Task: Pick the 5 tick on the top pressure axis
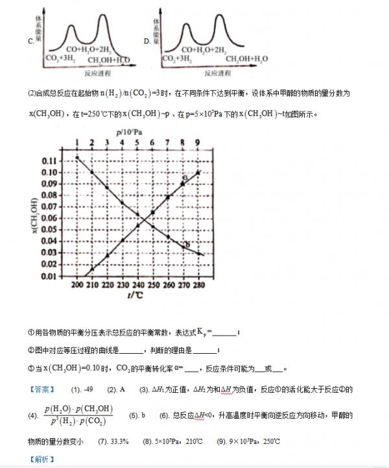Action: click(x=138, y=143)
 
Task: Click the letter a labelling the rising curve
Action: click(x=185, y=177)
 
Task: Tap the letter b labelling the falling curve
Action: click(x=186, y=244)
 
